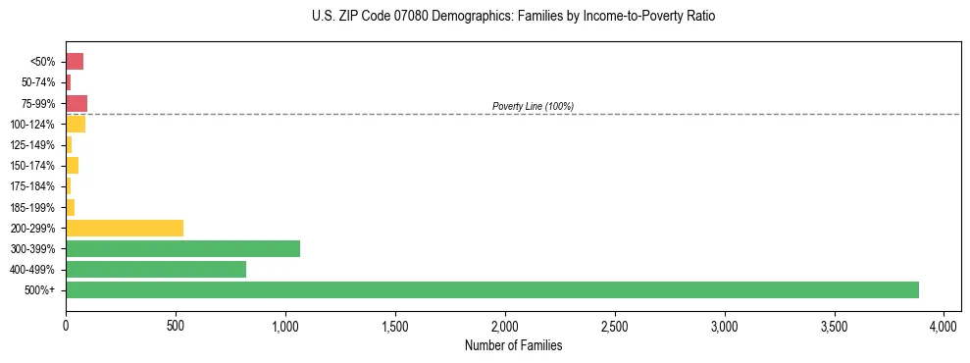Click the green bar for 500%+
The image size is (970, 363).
click(x=490, y=289)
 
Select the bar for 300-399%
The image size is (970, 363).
click(x=182, y=248)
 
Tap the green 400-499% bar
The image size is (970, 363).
click(x=155, y=269)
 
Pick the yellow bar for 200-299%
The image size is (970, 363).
click(x=125, y=228)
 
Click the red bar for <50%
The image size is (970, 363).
click(x=75, y=62)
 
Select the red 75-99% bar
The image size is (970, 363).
click(x=77, y=103)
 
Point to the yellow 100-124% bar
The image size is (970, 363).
click(x=76, y=124)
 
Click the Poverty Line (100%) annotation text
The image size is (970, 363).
click(x=533, y=106)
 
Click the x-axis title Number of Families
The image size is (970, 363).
click(x=514, y=345)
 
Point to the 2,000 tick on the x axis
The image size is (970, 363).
click(x=504, y=325)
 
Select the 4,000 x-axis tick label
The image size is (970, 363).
click(x=943, y=325)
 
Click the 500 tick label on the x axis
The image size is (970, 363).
click(x=176, y=325)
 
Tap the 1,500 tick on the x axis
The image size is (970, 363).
click(x=394, y=325)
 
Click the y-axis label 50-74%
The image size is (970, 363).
click(x=39, y=82)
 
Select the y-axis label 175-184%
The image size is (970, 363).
click(x=34, y=186)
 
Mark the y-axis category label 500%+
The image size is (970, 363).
click(x=42, y=290)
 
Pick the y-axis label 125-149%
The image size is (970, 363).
click(x=34, y=145)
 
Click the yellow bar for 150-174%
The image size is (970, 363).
click(x=73, y=165)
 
